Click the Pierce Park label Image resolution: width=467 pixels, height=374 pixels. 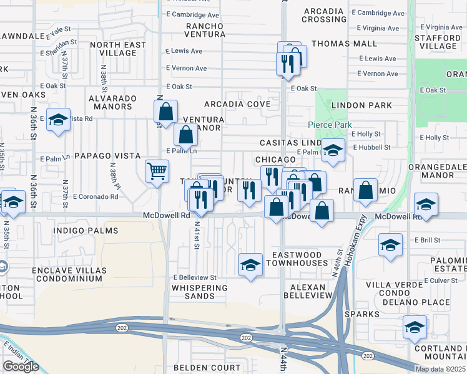point(330,125)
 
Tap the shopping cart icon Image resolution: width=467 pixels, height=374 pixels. point(157,170)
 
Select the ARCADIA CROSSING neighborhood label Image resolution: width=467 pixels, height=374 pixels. point(325,15)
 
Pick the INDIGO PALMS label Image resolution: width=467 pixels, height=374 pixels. point(86,231)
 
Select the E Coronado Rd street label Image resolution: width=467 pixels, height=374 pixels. point(96,197)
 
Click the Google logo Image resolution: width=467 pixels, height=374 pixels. point(21,367)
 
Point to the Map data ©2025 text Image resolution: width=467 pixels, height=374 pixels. point(440,369)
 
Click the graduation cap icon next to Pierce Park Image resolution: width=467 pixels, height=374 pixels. point(333,150)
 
